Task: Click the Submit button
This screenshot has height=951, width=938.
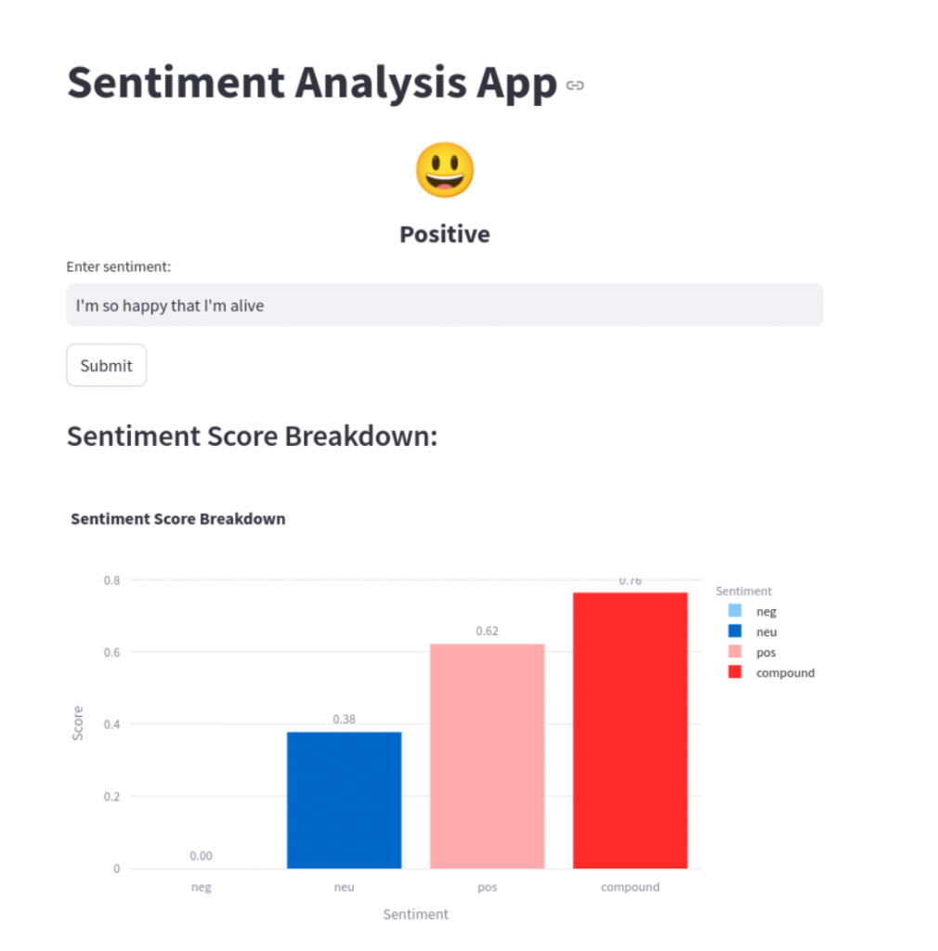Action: (106, 365)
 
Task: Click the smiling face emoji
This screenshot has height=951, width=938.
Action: (444, 171)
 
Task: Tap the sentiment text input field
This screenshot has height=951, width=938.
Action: (444, 305)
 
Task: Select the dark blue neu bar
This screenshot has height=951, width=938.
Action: (344, 800)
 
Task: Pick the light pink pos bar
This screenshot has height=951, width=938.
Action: (487, 756)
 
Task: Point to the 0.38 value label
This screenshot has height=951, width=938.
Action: (344, 719)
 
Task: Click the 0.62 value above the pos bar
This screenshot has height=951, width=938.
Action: (487, 632)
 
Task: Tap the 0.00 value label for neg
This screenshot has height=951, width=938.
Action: (201, 856)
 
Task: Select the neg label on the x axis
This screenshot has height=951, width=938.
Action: (201, 887)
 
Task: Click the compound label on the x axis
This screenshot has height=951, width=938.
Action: (630, 887)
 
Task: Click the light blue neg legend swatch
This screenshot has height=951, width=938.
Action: (735, 611)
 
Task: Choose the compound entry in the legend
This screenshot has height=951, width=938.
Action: (785, 672)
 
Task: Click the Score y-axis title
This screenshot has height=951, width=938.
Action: (78, 723)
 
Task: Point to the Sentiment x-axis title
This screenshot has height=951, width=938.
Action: (415, 915)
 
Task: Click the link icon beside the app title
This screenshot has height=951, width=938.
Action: (575, 85)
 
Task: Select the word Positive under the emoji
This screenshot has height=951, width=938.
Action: (444, 234)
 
